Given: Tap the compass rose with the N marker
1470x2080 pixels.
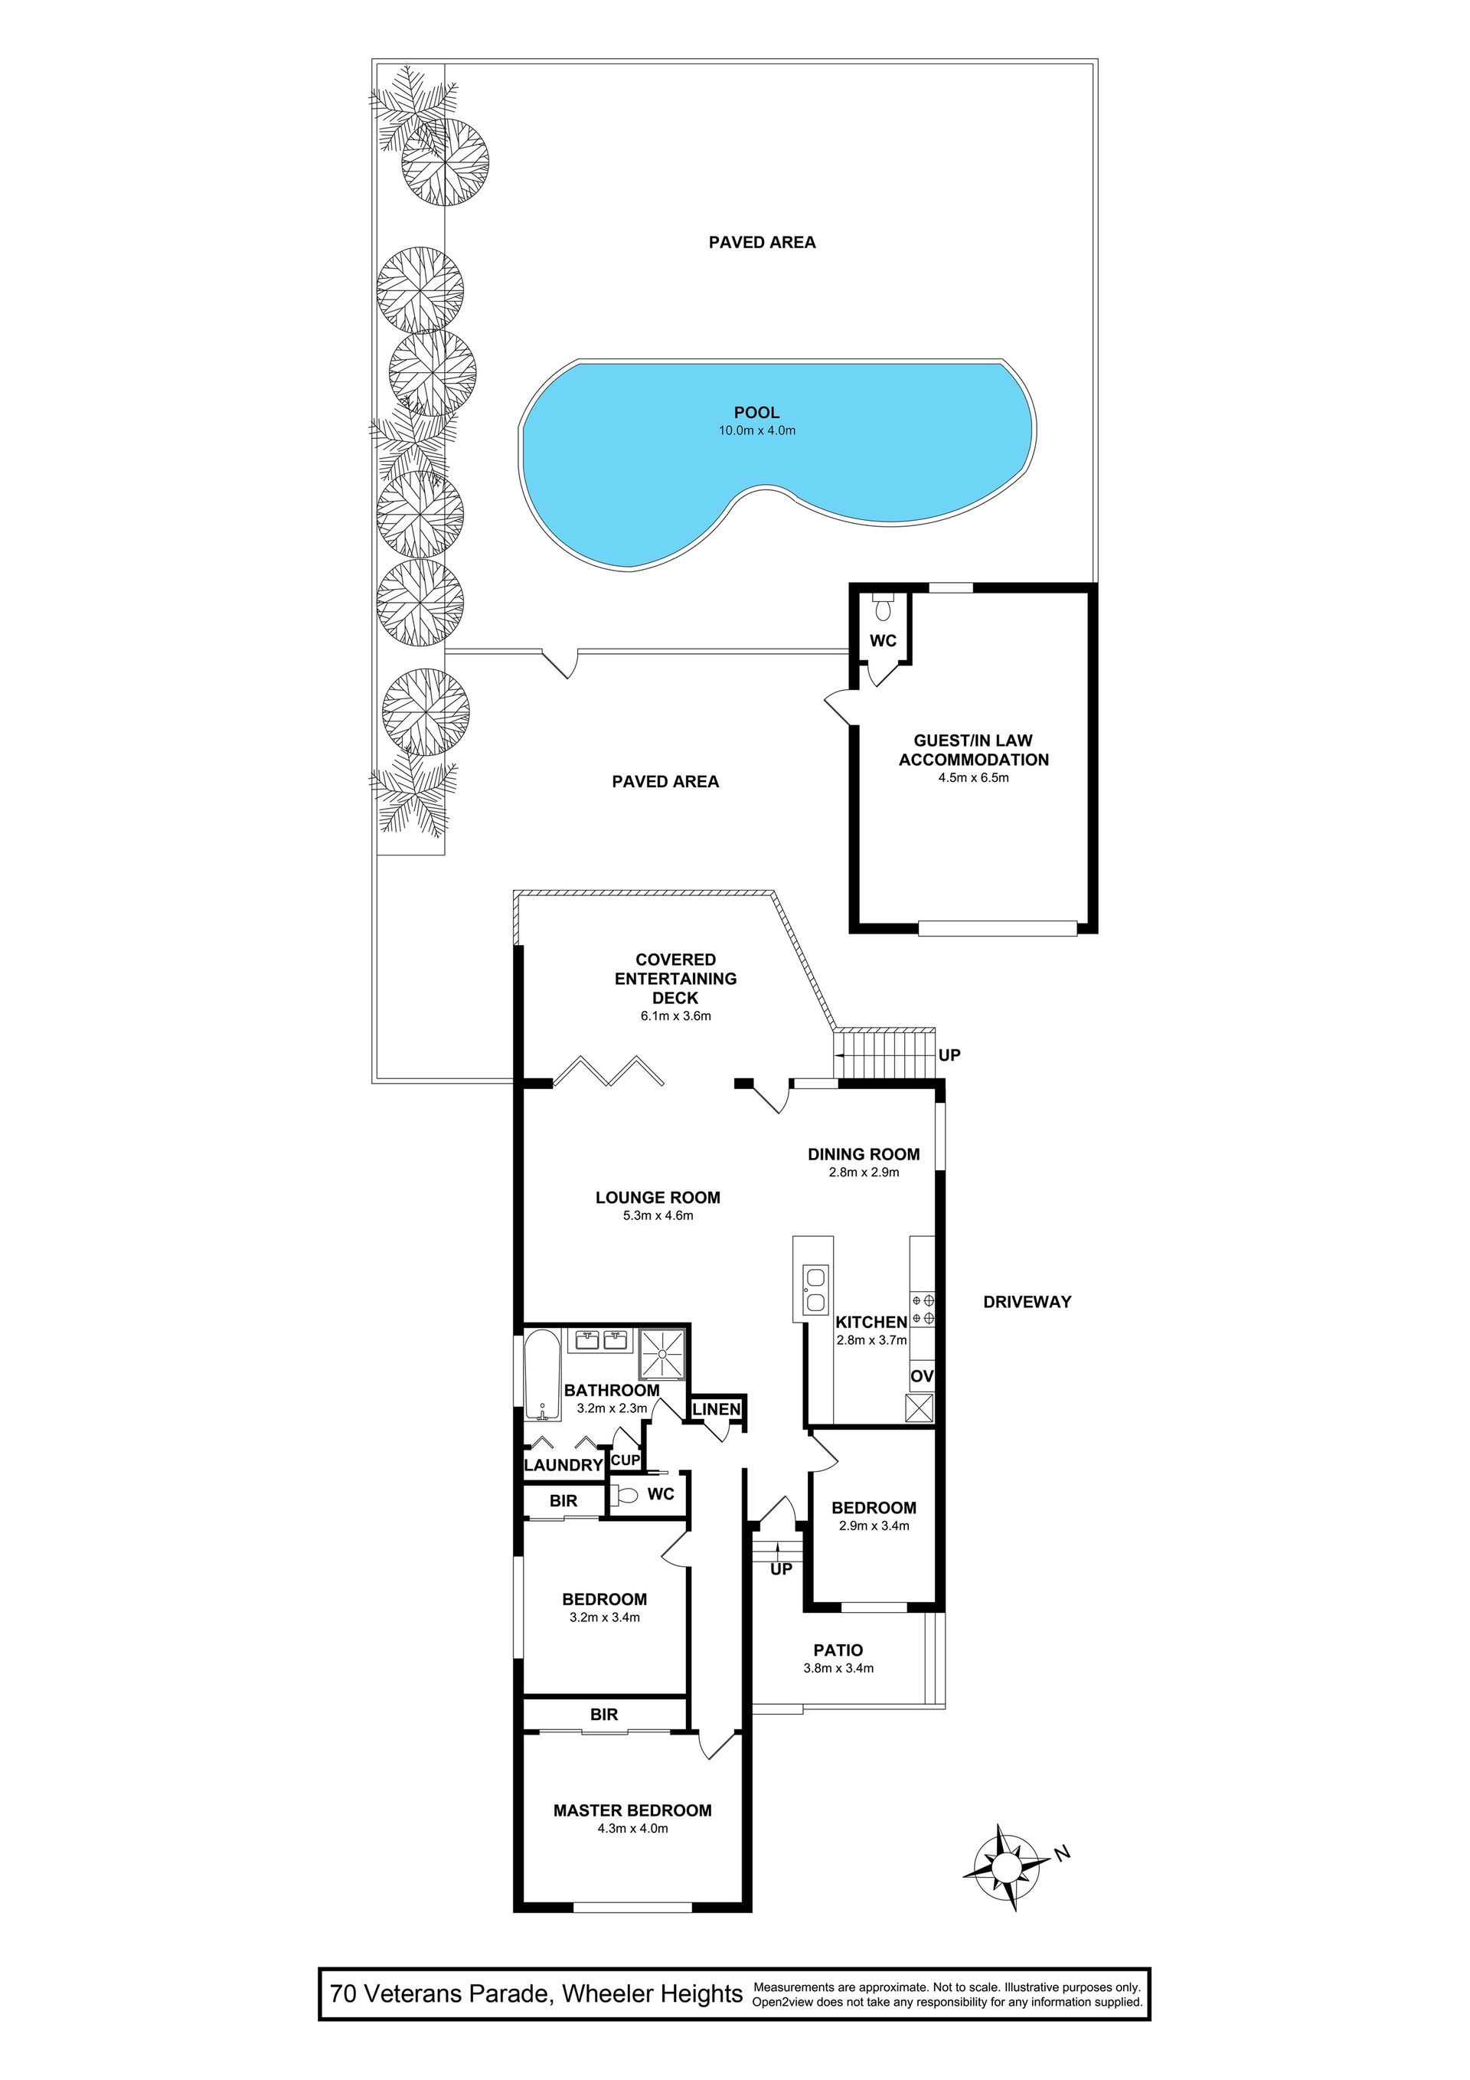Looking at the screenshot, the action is (1006, 1868).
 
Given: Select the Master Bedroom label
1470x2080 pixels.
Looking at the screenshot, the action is (632, 1810).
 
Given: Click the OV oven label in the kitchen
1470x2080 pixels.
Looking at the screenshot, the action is (922, 1376).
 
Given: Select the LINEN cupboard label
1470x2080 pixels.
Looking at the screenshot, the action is (717, 1408).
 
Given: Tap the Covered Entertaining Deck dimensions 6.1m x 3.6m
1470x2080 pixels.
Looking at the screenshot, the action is (676, 1015).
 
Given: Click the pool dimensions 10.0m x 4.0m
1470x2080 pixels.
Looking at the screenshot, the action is (757, 430).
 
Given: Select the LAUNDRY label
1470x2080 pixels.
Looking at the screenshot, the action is (563, 1465).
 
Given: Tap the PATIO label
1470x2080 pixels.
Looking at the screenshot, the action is (838, 1650).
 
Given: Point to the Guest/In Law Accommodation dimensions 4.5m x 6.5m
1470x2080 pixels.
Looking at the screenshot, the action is (974, 777).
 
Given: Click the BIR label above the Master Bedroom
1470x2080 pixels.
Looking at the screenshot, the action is (604, 1714).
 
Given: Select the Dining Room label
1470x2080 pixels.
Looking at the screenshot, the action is (864, 1154).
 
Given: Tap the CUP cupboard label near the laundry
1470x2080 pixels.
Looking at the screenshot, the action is (626, 1460).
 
